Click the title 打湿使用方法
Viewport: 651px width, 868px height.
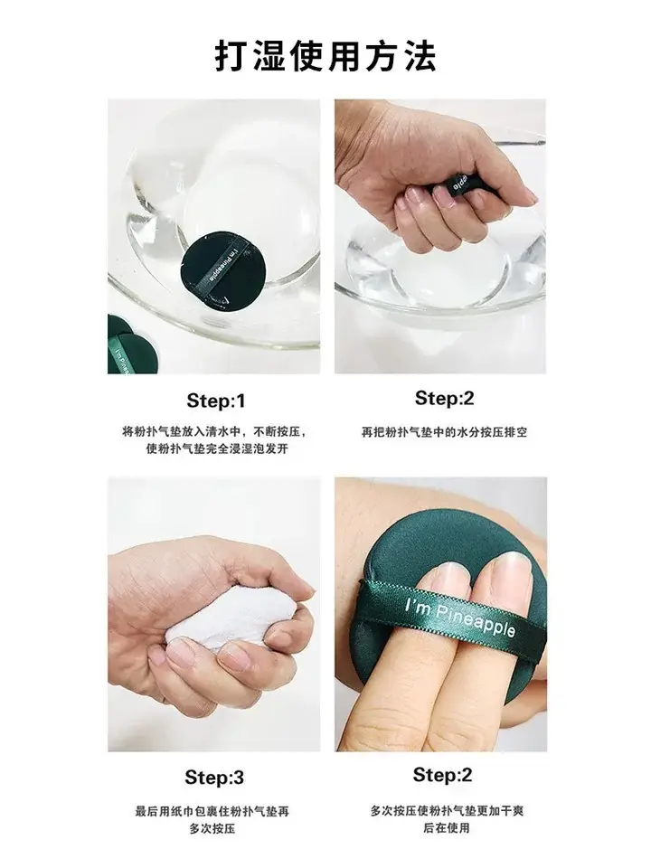coord(325,55)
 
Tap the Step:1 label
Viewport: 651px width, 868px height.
coord(216,401)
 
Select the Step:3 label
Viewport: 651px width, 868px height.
coord(214,778)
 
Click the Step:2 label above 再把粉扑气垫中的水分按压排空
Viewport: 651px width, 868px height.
coord(445,398)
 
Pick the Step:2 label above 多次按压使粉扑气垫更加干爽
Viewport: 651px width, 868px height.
coord(442,775)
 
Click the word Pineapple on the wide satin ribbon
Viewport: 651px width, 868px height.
coord(476,622)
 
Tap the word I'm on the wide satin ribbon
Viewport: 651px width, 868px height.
coord(418,606)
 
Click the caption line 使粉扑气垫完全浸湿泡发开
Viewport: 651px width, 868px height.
coord(217,448)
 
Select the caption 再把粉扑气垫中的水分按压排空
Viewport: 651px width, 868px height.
coord(445,432)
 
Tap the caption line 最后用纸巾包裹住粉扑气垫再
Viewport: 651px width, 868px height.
coord(212,812)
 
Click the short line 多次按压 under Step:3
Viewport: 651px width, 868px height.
coord(212,829)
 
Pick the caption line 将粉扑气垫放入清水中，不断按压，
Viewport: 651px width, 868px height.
coord(215,431)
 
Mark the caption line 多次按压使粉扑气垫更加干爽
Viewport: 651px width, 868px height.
coord(447,811)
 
